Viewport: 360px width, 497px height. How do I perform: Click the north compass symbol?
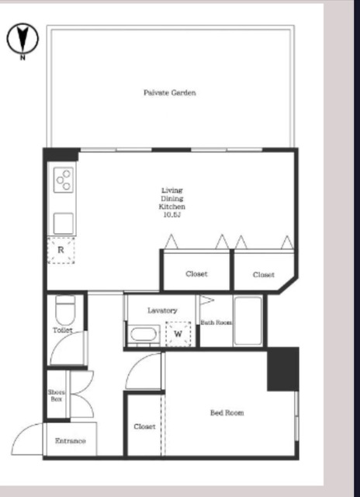pyautogui.click(x=22, y=39)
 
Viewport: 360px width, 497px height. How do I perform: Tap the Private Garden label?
pyautogui.click(x=170, y=92)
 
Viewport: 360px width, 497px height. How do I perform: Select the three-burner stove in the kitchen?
pyautogui.click(x=64, y=179)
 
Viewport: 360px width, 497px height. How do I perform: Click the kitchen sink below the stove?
pyautogui.click(x=64, y=224)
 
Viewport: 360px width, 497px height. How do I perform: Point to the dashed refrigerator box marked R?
pyautogui.click(x=61, y=250)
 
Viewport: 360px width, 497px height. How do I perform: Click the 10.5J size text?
pyautogui.click(x=172, y=215)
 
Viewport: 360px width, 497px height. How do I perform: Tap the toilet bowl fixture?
pyautogui.click(x=65, y=310)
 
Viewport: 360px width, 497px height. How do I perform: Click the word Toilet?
pyautogui.click(x=62, y=330)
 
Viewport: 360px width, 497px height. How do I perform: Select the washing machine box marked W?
pyautogui.click(x=178, y=334)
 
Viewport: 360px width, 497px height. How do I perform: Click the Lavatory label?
pyautogui.click(x=162, y=311)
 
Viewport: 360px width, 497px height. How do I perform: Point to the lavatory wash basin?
pyautogui.click(x=144, y=335)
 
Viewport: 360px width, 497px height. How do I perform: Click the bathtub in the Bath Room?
pyautogui.click(x=248, y=321)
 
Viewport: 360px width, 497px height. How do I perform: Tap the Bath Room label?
pyautogui.click(x=216, y=322)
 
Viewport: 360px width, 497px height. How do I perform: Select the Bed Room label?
pyautogui.click(x=227, y=412)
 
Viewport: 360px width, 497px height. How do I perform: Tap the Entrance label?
pyautogui.click(x=71, y=440)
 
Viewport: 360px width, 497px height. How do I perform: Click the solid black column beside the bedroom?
pyautogui.click(x=283, y=369)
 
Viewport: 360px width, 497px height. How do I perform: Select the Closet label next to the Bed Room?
pyautogui.click(x=144, y=426)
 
